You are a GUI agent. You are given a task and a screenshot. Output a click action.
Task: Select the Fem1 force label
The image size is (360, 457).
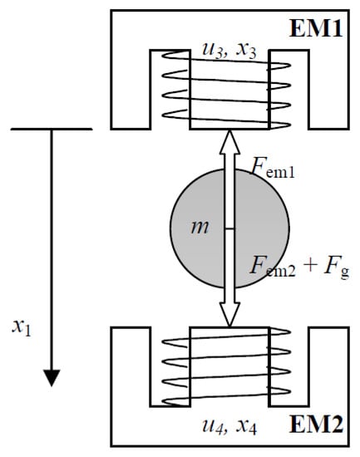[x=272, y=173]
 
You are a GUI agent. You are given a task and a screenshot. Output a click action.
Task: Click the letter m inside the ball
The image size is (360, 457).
[x=200, y=227]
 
